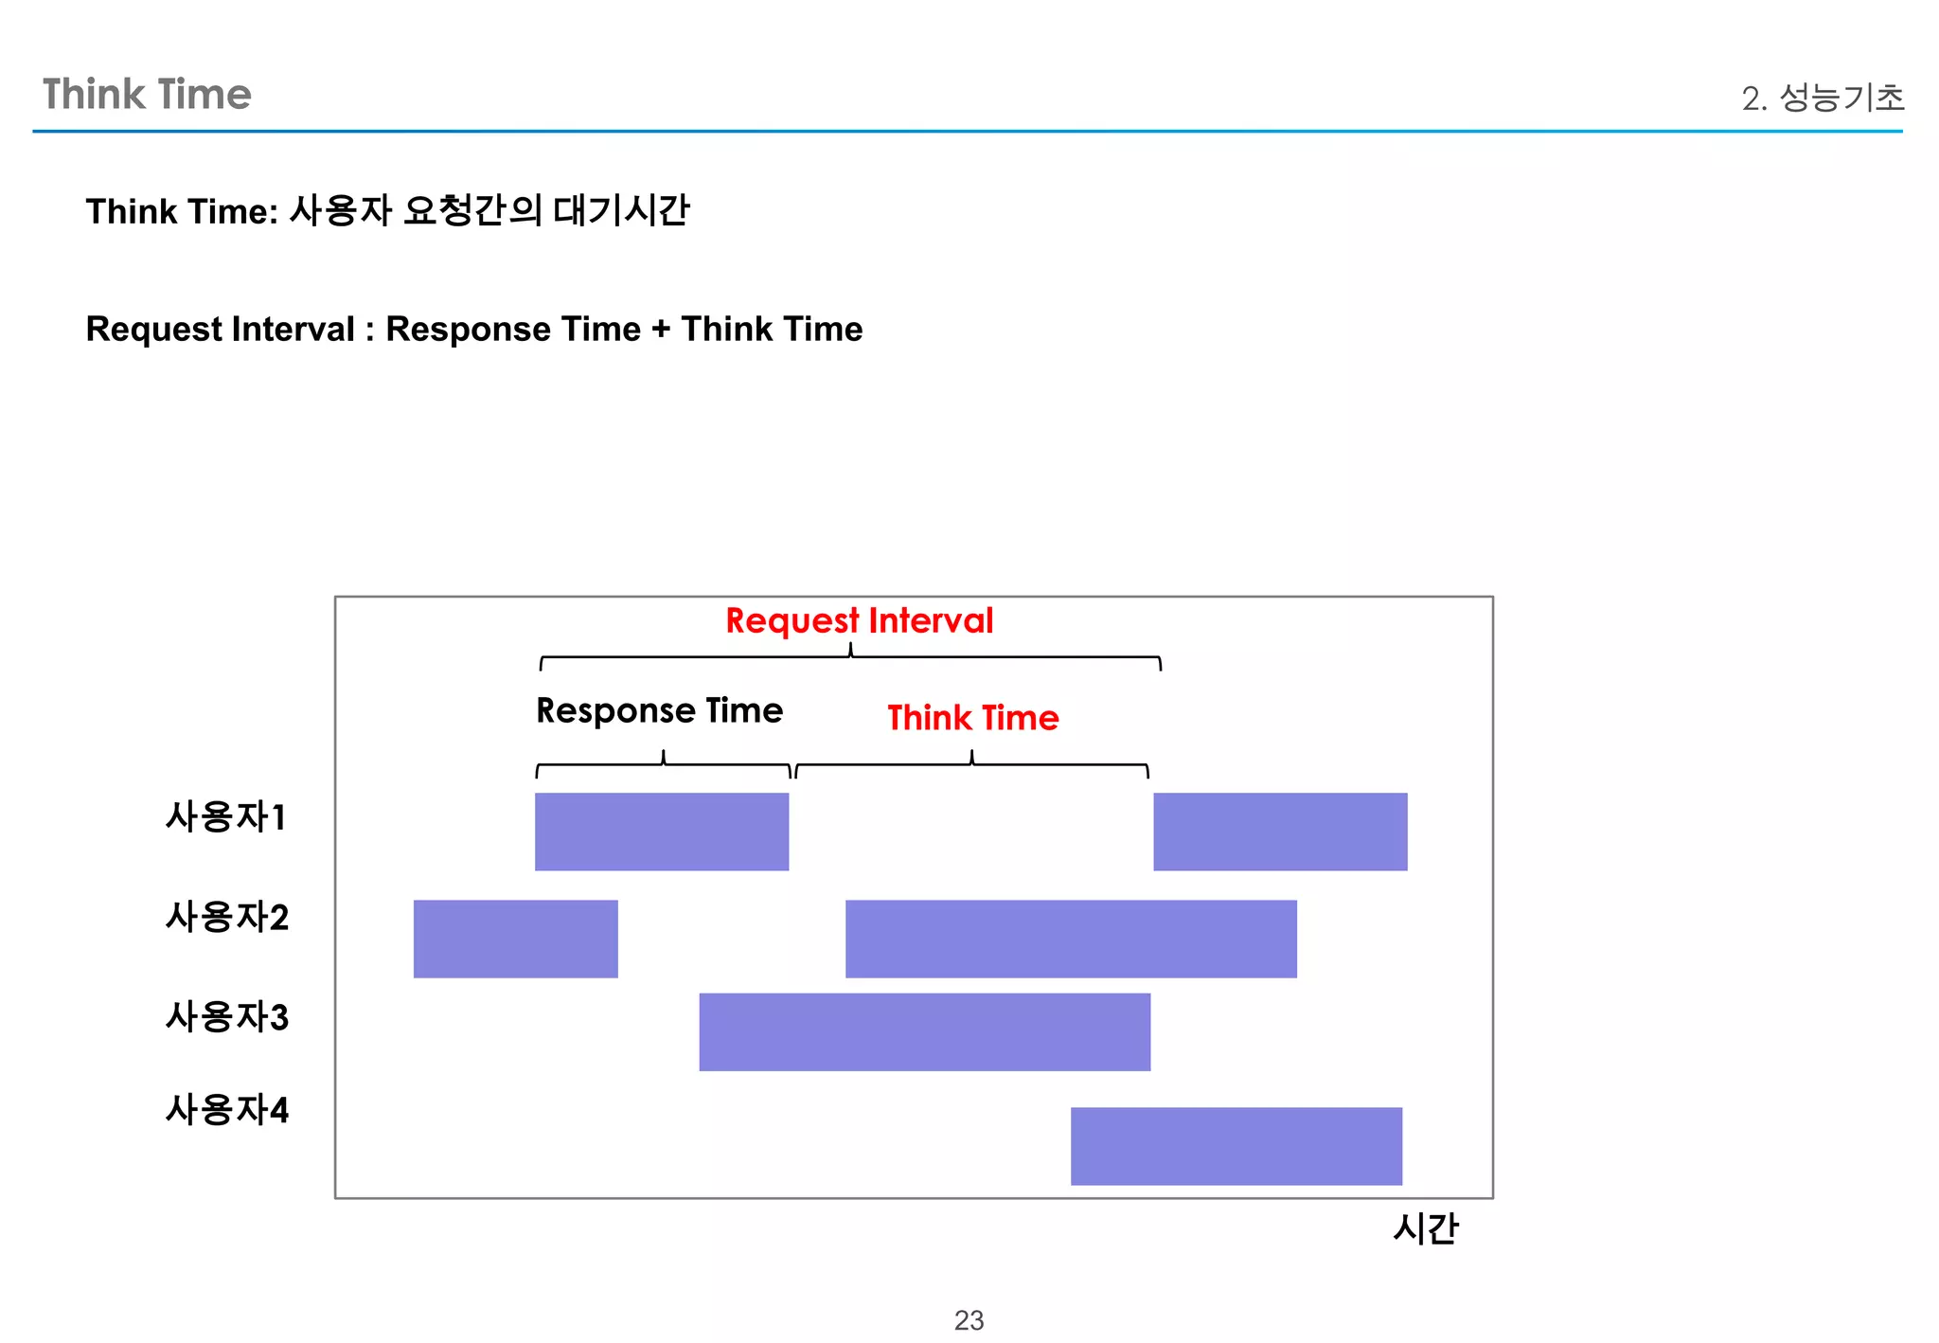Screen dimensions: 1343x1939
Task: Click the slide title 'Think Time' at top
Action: [147, 95]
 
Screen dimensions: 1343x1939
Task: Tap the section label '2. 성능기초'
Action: [1823, 98]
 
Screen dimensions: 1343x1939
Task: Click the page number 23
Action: [969, 1319]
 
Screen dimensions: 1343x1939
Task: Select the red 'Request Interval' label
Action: [859, 621]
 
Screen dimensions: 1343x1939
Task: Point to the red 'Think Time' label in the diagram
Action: [972, 718]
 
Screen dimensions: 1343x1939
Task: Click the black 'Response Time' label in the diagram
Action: [659, 711]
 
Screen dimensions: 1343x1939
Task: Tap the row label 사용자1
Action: [225, 817]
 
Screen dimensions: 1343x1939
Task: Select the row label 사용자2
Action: [226, 917]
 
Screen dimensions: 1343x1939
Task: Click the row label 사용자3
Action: [226, 1017]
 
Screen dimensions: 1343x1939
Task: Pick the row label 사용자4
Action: [226, 1110]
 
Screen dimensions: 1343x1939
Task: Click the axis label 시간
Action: [1425, 1229]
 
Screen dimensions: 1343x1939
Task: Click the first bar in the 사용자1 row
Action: [661, 832]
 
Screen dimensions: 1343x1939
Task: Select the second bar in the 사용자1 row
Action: [1280, 832]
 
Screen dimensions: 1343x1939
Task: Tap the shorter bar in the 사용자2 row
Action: [515, 939]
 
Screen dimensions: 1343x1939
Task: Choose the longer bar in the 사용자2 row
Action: [1071, 939]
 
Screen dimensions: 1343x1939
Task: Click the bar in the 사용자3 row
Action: [924, 1032]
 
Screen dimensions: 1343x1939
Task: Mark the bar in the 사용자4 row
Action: [1236, 1146]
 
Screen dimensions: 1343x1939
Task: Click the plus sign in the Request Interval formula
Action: [660, 330]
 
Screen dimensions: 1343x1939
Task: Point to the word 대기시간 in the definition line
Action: [621, 210]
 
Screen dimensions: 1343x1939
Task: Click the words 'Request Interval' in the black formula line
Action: [220, 330]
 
